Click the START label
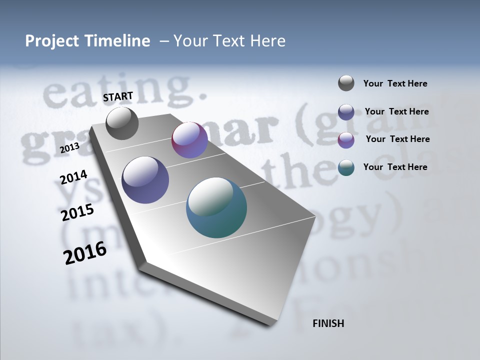point(118,96)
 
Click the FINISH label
point(328,323)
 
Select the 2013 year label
point(69,148)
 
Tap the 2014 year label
point(73,177)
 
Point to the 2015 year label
point(77,212)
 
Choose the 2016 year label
point(85,253)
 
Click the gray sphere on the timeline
point(122,123)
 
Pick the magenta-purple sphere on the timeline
point(189,140)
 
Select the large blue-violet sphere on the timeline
point(145,180)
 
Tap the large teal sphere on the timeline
point(216,207)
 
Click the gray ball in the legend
point(346,83)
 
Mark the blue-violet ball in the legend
point(346,112)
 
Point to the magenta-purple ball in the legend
point(346,140)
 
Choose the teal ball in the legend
point(346,167)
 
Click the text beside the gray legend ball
point(395,84)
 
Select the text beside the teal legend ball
point(395,167)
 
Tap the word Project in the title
point(49,41)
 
